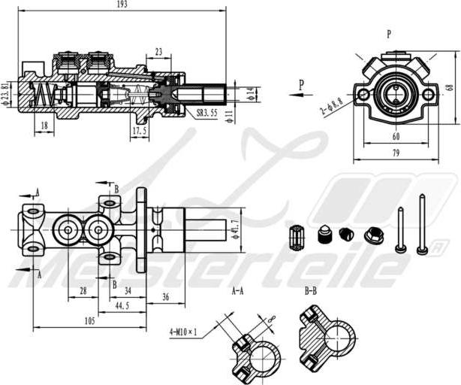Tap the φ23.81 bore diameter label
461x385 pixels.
(8, 93)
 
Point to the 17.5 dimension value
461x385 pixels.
(140, 131)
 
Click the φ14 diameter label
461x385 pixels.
(250, 93)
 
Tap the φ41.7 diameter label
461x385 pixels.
(237, 225)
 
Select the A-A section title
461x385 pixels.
(237, 290)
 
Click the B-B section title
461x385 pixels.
(311, 290)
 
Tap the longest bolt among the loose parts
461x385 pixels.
(423, 223)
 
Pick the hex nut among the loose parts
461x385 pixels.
(373, 236)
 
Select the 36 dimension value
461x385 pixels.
(166, 297)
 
